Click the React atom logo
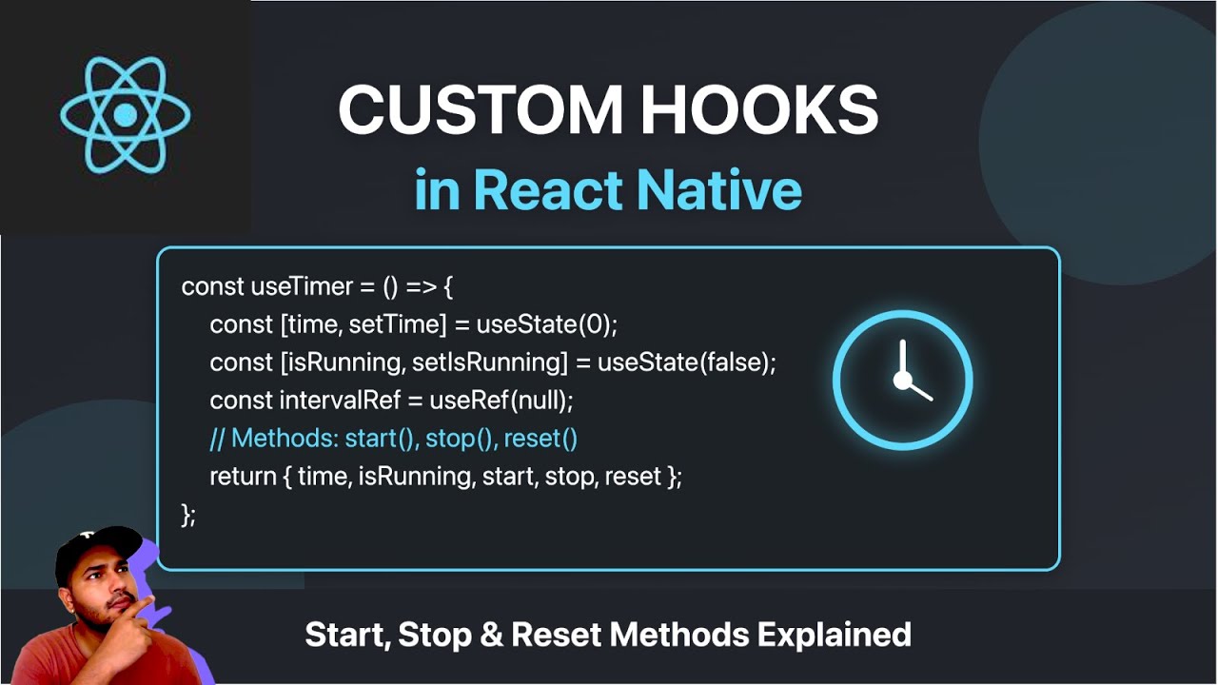click(x=126, y=115)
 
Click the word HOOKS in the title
click(x=759, y=110)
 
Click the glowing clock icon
click(x=902, y=381)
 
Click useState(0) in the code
click(x=547, y=324)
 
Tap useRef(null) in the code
click(x=501, y=401)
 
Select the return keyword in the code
click(x=242, y=477)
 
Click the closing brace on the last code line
click(x=186, y=515)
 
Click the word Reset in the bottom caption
click(x=552, y=635)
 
